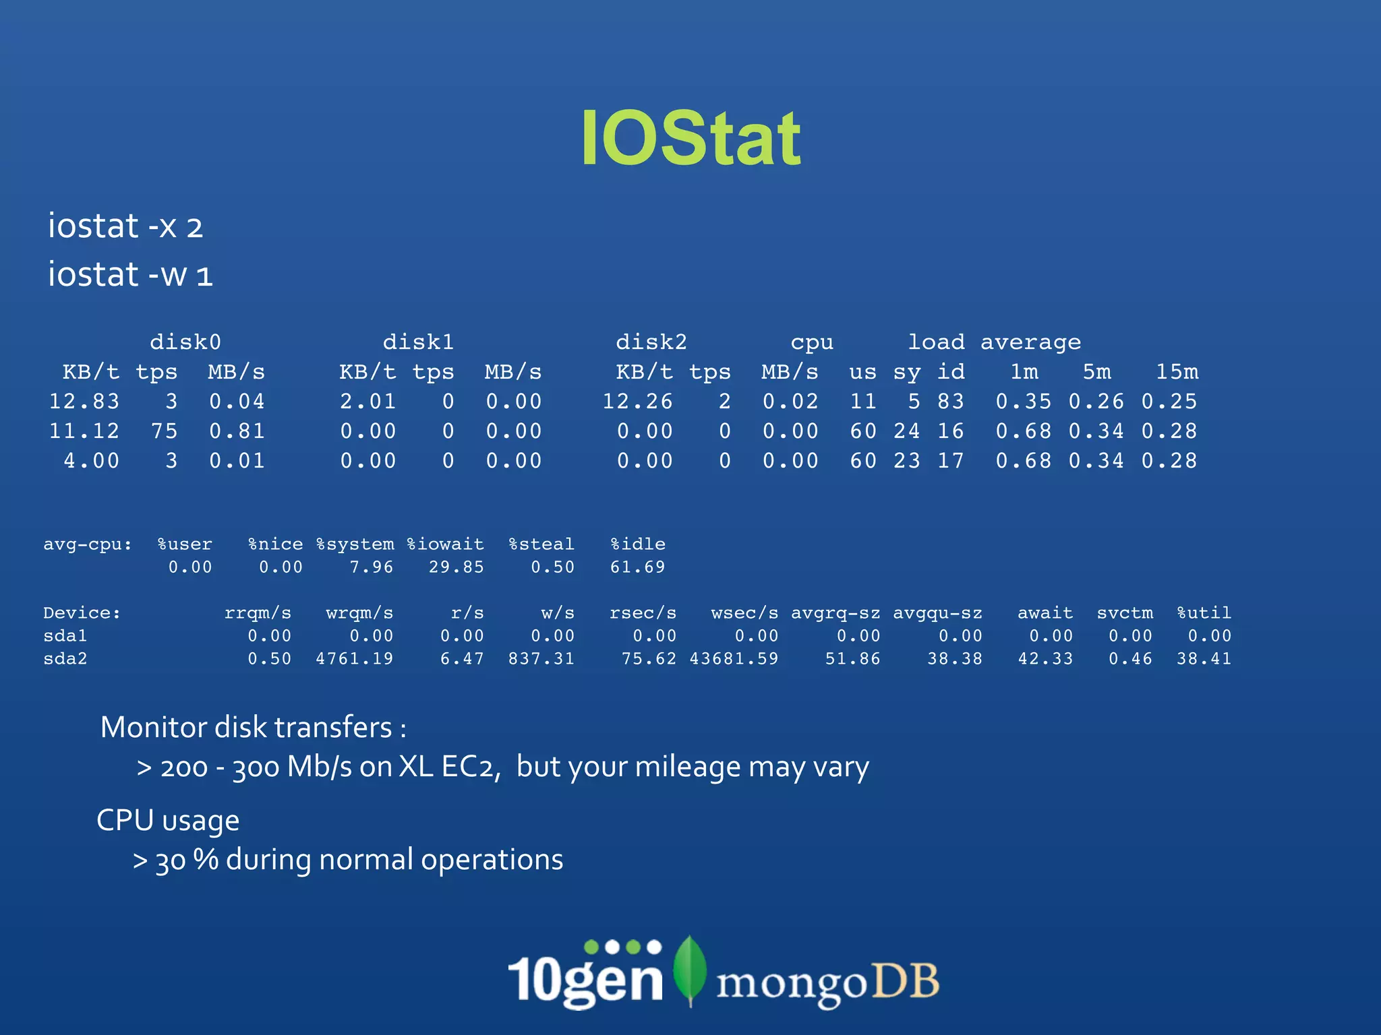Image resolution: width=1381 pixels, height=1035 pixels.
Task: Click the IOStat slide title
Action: point(690,138)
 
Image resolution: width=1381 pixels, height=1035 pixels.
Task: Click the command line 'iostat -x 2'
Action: point(125,226)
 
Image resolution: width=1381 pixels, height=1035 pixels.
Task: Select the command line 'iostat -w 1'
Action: point(130,274)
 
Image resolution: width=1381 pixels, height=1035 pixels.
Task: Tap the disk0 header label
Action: point(185,342)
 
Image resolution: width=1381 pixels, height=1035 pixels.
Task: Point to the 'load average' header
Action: point(995,342)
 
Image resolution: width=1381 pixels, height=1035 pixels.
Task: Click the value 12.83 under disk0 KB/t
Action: point(84,402)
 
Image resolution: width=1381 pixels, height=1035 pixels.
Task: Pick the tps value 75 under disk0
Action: point(165,431)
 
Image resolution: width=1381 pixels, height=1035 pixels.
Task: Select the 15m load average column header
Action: point(1177,372)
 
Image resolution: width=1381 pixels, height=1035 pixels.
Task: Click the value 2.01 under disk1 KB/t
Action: point(368,402)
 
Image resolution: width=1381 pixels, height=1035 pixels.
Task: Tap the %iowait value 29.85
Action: point(457,567)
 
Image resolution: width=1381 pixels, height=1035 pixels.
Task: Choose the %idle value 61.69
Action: point(637,567)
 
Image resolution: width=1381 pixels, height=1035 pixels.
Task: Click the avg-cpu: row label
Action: point(88,544)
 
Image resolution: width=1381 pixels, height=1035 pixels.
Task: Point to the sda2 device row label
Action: point(65,659)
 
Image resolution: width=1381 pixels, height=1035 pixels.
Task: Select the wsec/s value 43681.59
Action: point(734,659)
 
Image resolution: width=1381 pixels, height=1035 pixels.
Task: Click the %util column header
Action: point(1204,613)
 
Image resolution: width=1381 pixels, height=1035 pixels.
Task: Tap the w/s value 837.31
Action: point(541,659)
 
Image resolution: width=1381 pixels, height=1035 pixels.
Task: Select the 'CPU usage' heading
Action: point(168,821)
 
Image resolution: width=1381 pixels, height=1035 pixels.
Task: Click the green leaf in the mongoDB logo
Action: point(690,969)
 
